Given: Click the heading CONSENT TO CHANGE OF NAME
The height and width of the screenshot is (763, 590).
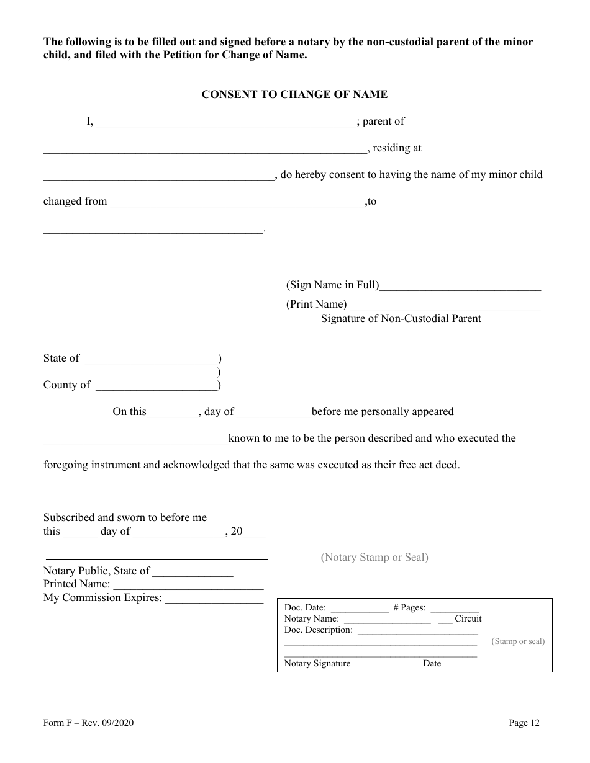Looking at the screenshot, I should pyautogui.click(x=294, y=94).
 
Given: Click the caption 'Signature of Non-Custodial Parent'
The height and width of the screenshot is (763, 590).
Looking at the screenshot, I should pyautogui.click(x=401, y=318).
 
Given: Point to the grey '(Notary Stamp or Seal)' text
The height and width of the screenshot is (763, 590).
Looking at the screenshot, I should pyautogui.click(x=374, y=557).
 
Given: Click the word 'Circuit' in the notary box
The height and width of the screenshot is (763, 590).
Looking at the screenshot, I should pyautogui.click(x=468, y=618).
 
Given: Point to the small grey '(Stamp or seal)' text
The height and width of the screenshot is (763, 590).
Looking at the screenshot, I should pyautogui.click(x=518, y=641).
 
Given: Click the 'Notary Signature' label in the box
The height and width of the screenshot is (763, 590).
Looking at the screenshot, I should pyautogui.click(x=317, y=663).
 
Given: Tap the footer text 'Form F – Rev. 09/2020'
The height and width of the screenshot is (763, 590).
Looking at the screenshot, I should pyautogui.click(x=88, y=723).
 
